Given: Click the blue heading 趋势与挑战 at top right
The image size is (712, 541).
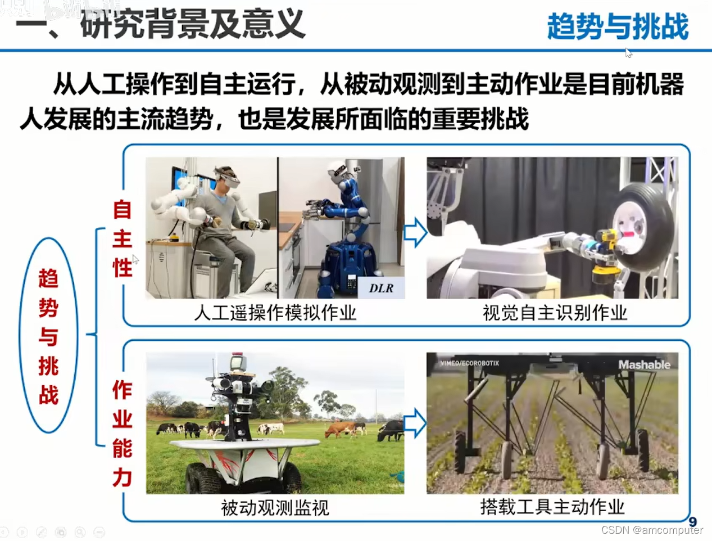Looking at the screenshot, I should tap(618, 26).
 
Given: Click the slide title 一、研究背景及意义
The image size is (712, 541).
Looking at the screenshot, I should tap(161, 25).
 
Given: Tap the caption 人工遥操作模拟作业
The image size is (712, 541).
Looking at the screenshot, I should tap(275, 313).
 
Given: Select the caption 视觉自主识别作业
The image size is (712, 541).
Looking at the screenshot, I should tap(555, 313).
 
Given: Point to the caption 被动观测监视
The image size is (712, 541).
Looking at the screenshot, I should tap(275, 508).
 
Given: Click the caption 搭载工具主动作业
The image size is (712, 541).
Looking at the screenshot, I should tap(552, 507).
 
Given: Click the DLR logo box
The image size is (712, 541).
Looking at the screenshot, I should tap(381, 288).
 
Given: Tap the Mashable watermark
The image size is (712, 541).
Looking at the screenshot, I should tap(644, 365).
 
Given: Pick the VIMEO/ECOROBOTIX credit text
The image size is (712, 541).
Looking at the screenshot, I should tap(469, 363).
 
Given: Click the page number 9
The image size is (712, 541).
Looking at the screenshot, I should tap(692, 522).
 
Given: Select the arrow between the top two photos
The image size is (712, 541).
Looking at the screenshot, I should tap(415, 232).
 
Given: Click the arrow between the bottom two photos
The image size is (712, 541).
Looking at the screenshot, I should tap(415, 423).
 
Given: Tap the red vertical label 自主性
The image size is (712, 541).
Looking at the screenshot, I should tap(122, 238).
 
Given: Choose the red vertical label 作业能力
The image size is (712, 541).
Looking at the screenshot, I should tap(122, 433).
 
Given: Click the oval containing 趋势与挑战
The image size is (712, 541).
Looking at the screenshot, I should tap(49, 335).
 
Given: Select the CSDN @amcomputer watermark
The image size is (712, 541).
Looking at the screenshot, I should tap(652, 530).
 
